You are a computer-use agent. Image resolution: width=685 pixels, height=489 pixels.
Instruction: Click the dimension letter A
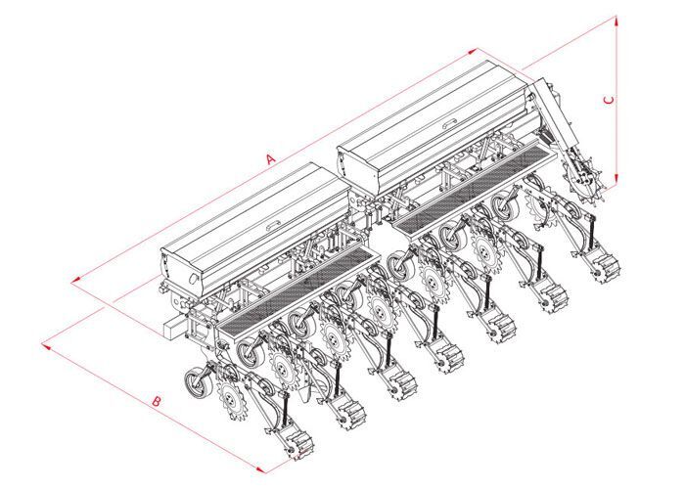pyautogui.click(x=271, y=158)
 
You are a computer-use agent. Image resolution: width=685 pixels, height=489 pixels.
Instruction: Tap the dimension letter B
pyautogui.click(x=157, y=401)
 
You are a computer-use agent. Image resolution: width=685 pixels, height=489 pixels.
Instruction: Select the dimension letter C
pyautogui.click(x=609, y=100)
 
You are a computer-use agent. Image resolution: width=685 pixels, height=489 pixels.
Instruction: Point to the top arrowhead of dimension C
pyautogui.click(x=616, y=21)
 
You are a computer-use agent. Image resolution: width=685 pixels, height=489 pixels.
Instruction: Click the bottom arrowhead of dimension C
pyautogui.click(x=616, y=179)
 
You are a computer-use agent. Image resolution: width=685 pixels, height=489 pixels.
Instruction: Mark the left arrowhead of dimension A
pyautogui.click(x=76, y=280)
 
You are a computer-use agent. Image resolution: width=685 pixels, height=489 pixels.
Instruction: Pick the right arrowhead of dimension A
pyautogui.click(x=473, y=51)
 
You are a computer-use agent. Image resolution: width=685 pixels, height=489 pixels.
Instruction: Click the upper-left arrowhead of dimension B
pyautogui.click(x=46, y=346)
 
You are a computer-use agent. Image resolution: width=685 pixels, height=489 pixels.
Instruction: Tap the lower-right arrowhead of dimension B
pyautogui.click(x=261, y=469)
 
